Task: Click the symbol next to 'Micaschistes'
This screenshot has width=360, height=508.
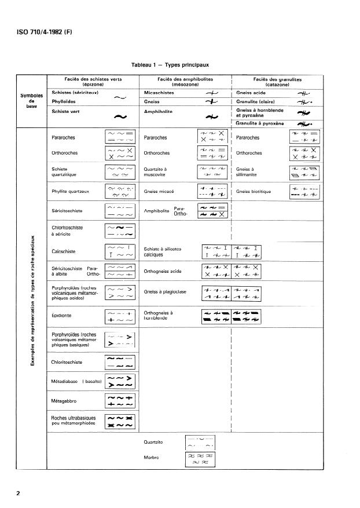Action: tap(212, 93)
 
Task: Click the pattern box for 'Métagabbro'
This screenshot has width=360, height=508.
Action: tap(120, 401)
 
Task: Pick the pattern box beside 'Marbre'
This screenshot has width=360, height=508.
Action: tap(199, 458)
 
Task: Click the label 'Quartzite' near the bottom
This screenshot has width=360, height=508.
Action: tap(153, 442)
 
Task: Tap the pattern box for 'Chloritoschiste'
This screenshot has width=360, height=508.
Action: tap(120, 363)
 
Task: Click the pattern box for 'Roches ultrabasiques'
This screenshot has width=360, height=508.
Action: tap(120, 421)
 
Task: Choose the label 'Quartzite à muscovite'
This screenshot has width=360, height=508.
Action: tap(155, 171)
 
